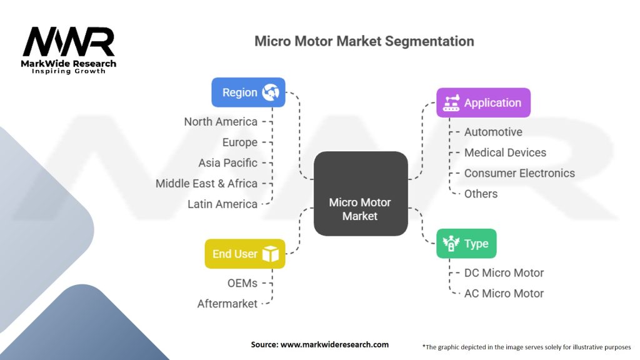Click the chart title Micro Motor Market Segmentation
click(364, 41)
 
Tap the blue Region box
click(248, 92)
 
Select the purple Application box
click(483, 103)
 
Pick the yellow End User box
click(244, 254)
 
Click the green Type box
click(466, 244)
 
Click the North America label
click(221, 121)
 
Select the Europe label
click(239, 142)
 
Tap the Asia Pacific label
click(227, 162)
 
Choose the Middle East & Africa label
click(206, 183)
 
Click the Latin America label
click(222, 204)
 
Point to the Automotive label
click(493, 132)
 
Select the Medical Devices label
click(505, 152)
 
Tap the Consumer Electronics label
click(519, 173)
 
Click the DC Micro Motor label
click(504, 272)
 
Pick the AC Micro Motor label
click(504, 293)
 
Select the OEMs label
click(242, 283)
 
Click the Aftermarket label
click(227, 304)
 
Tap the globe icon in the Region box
click(271, 92)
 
